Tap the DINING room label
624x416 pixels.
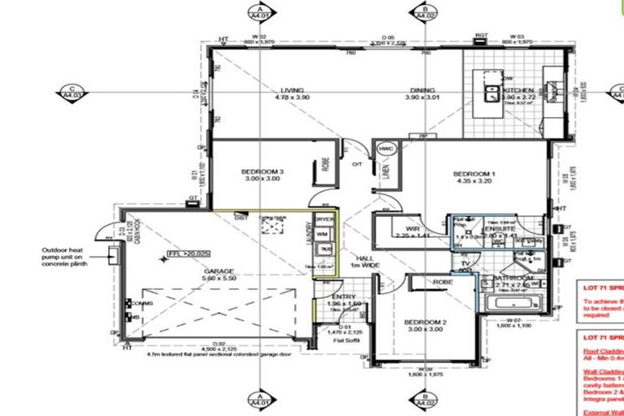[422, 90]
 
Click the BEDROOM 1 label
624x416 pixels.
[474, 173]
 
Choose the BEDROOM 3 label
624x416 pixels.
[262, 172]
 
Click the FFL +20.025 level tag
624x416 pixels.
[188, 253]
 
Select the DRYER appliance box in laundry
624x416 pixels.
[324, 219]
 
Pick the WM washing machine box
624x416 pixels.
[323, 234]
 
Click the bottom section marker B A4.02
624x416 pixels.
[424, 401]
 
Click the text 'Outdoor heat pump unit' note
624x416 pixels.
[65, 256]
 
